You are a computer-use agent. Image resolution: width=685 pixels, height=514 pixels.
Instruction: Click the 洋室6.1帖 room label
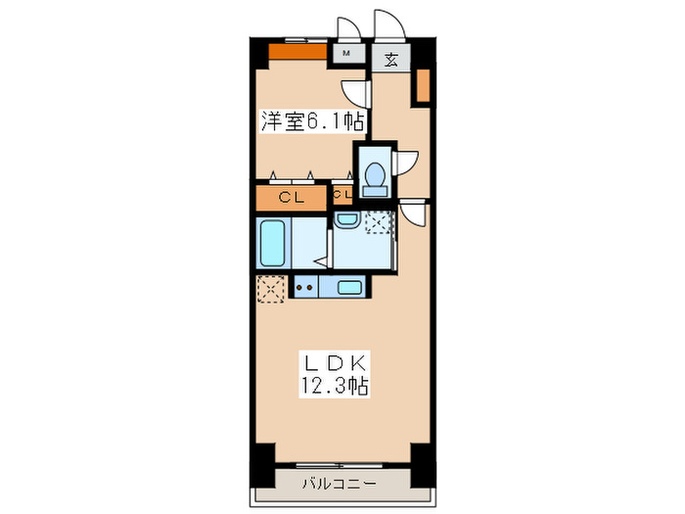(x=312, y=121)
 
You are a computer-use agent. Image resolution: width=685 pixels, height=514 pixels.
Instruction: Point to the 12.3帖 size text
(x=335, y=386)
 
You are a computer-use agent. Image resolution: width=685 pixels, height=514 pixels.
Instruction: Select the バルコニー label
(x=335, y=483)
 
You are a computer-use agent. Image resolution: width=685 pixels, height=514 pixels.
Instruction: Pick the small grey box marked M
(x=346, y=54)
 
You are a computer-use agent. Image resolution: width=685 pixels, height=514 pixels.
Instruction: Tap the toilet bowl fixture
(x=372, y=175)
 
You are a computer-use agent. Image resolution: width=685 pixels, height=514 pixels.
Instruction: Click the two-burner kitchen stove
(x=304, y=287)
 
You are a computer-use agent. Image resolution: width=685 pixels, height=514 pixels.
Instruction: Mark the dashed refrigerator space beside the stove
(x=270, y=288)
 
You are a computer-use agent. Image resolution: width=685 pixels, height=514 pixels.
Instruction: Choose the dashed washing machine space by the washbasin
(x=378, y=223)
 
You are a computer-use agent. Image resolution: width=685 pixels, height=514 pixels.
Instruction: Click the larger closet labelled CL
(x=291, y=198)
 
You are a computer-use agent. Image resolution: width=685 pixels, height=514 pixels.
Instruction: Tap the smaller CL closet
(x=342, y=195)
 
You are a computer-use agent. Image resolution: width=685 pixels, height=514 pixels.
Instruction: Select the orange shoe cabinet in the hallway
(x=423, y=86)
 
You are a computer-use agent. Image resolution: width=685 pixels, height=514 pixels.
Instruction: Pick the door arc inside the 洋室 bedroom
(x=357, y=91)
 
